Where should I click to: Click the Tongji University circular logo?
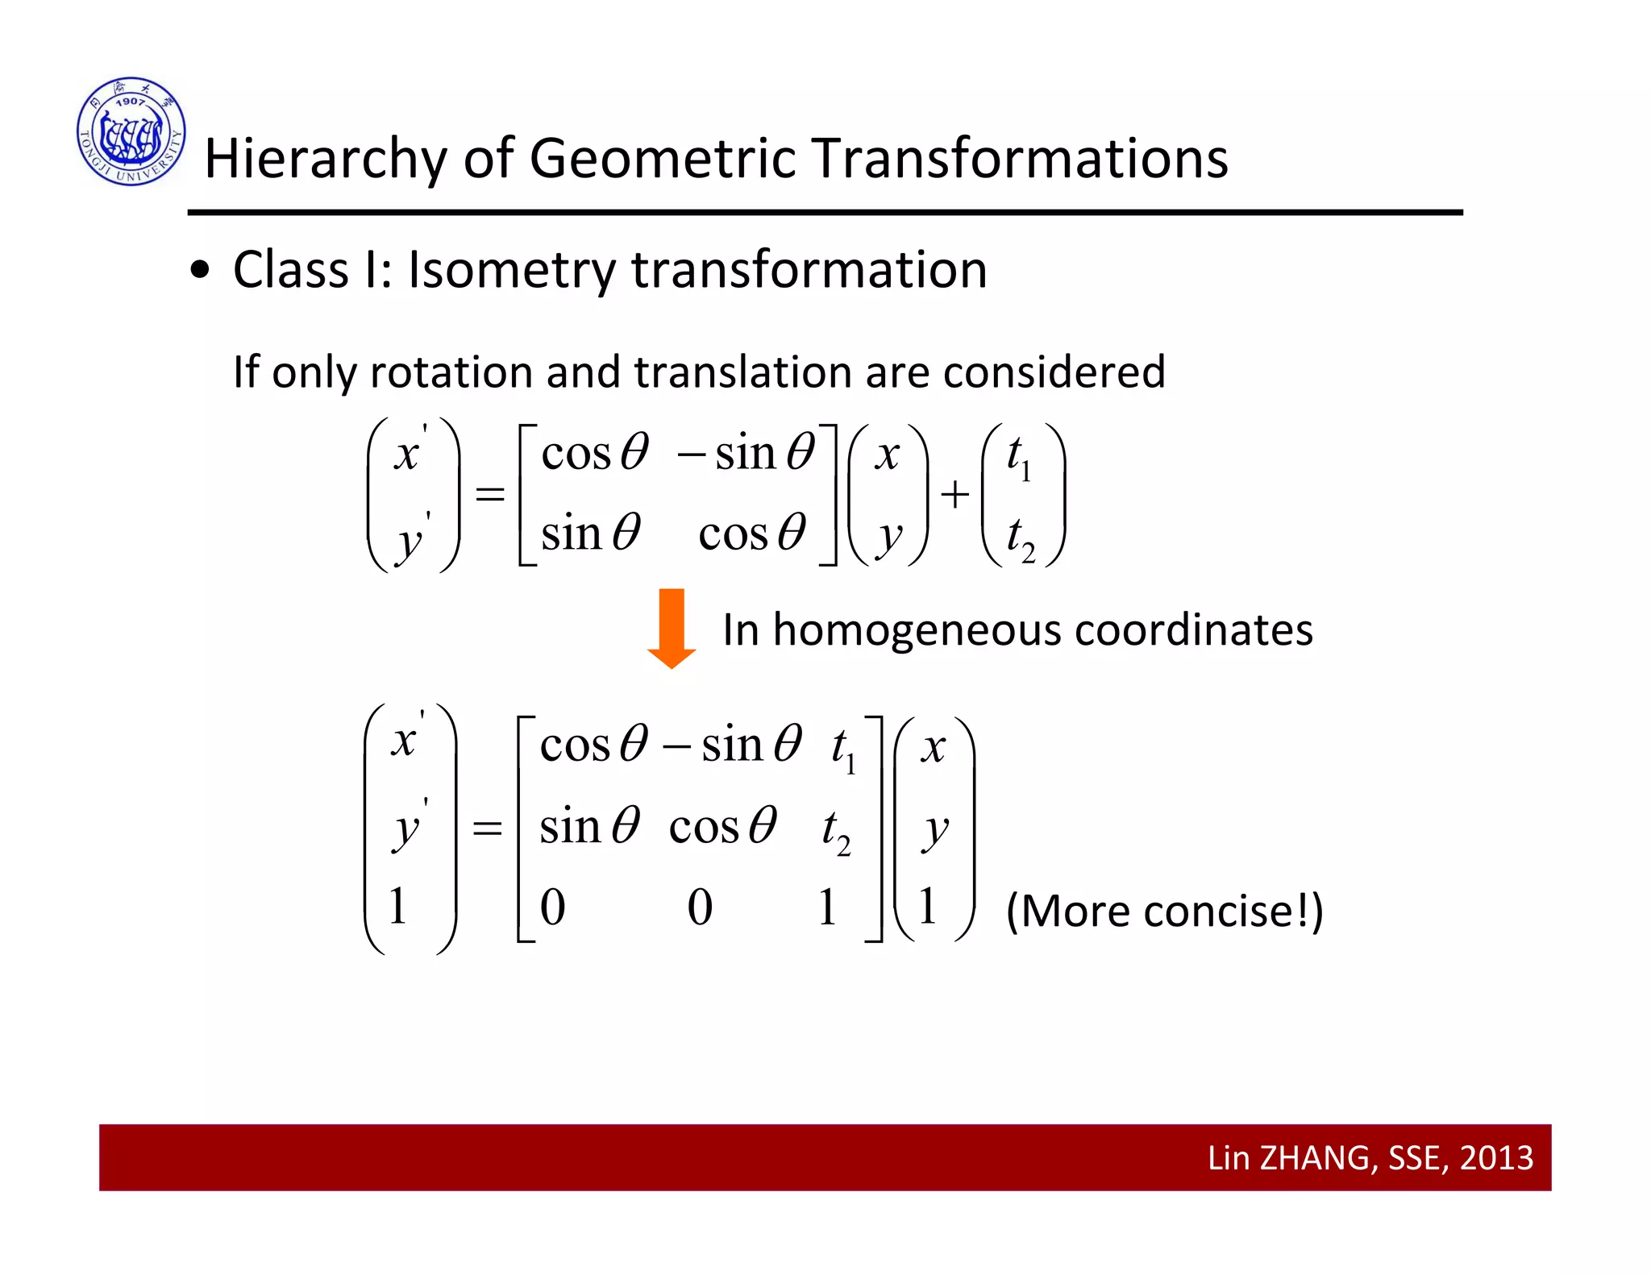click(131, 131)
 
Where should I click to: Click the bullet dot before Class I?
click(200, 271)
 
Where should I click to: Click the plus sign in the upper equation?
click(954, 494)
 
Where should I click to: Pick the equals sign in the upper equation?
click(489, 493)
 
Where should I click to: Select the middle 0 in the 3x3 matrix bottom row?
click(700, 907)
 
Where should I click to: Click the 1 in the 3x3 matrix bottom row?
click(827, 907)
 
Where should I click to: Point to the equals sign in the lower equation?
click(487, 828)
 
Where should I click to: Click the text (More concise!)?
click(1164, 912)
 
